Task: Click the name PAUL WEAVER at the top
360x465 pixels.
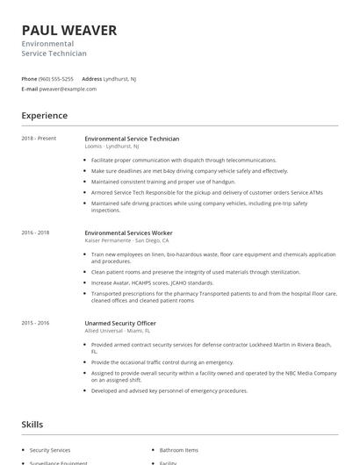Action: point(69,31)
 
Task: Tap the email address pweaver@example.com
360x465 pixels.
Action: point(68,89)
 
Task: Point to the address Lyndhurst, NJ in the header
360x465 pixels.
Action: point(119,78)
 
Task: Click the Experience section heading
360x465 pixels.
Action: point(45,115)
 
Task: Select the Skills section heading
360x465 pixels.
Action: point(32,424)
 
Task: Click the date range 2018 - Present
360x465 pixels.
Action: point(39,139)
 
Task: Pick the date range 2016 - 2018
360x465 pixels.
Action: point(36,232)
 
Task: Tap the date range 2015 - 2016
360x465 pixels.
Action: point(36,323)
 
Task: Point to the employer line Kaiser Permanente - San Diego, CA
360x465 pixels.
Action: point(126,240)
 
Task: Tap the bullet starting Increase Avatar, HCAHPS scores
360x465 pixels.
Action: point(152,283)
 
